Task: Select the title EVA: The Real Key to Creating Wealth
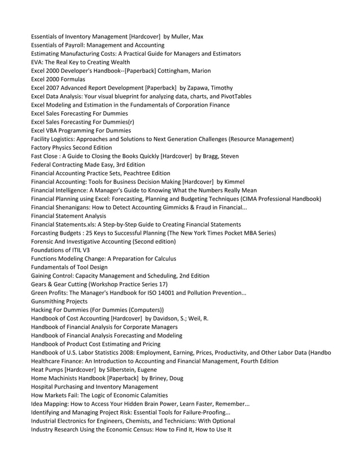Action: point(80,62)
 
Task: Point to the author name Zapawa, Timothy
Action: point(202,87)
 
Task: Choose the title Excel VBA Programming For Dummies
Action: point(81,130)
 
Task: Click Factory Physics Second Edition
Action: point(71,147)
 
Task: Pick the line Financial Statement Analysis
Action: point(68,216)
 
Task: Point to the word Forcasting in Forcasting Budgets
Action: point(47,233)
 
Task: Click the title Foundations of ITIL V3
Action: point(60,250)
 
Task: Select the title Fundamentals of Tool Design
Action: point(69,267)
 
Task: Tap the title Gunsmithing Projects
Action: point(59,301)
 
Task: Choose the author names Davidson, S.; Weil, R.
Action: point(181,318)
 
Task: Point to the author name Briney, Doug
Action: point(170,378)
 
